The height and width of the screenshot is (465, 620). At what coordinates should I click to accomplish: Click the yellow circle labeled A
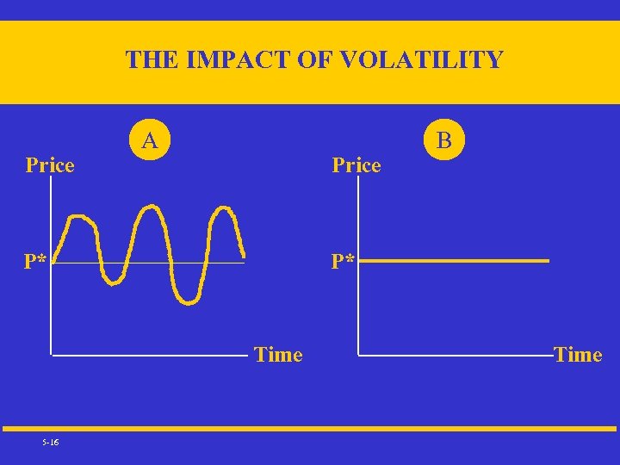[x=150, y=139]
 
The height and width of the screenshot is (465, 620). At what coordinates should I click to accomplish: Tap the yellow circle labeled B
[x=443, y=139]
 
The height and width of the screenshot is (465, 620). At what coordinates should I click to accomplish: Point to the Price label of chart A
[x=50, y=164]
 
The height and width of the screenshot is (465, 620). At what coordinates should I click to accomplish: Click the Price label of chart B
[x=356, y=164]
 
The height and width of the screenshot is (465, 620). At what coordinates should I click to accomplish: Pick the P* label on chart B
[x=344, y=260]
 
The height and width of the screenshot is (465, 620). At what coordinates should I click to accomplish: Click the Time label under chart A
[x=278, y=355]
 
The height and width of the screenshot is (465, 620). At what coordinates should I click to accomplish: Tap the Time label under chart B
[x=578, y=355]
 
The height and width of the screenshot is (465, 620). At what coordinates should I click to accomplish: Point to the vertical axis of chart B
[x=358, y=276]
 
